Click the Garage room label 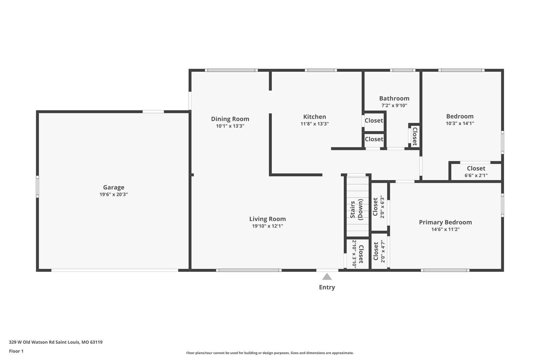tap(114, 187)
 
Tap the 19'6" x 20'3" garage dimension tap(114, 194)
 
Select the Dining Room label tap(230, 119)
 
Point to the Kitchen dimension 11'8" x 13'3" tap(315, 124)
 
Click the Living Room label tap(267, 219)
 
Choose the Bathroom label tap(394, 98)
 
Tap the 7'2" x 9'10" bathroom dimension tap(394, 105)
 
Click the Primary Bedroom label tap(445, 222)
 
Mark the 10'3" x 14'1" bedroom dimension tap(460, 123)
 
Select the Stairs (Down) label tap(356, 210)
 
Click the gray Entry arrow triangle tap(327, 277)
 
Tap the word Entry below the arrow tap(327, 287)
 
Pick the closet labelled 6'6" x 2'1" tap(476, 171)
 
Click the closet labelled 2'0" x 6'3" tap(379, 207)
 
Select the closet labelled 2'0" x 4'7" tap(379, 251)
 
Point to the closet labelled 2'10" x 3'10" tap(358, 254)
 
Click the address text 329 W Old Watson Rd tap(32, 342)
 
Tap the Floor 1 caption tap(16, 351)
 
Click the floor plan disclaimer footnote tap(270, 353)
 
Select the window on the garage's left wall tap(37, 187)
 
